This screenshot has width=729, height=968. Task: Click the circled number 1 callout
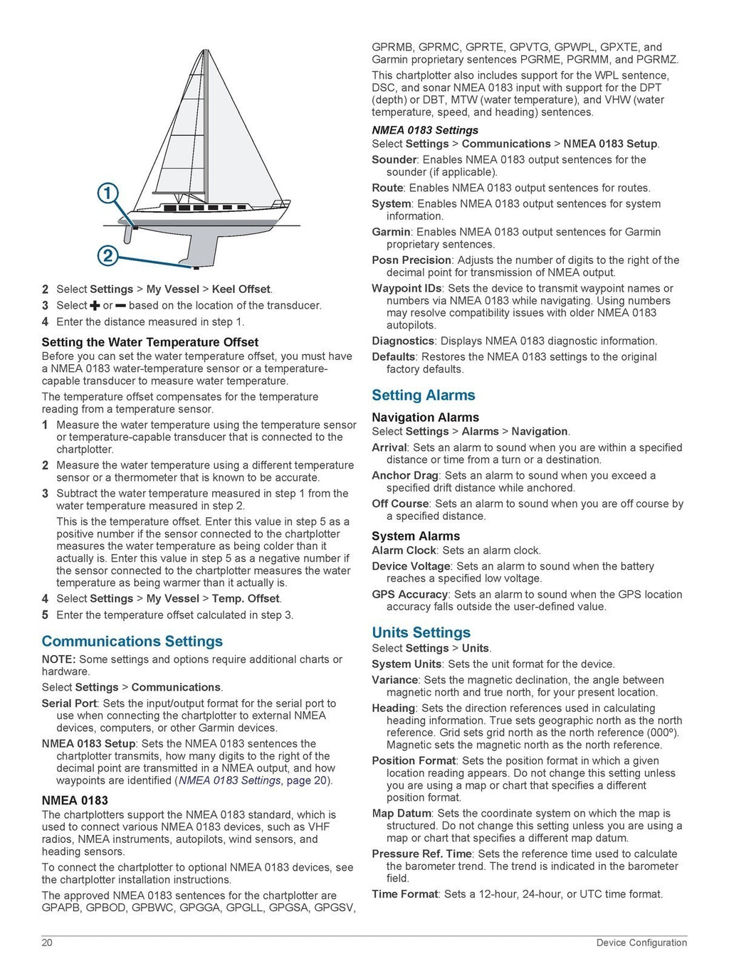point(107,193)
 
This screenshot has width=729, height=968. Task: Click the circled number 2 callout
point(107,255)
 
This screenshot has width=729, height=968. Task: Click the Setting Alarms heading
point(423,395)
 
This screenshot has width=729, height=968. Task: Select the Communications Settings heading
point(132,642)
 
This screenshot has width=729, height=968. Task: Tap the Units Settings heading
point(421,632)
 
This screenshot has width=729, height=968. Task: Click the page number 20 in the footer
point(47,942)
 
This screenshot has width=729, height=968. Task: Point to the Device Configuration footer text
point(641,942)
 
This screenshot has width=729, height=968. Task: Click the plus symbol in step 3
point(95,306)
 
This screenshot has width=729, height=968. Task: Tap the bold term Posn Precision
point(411,260)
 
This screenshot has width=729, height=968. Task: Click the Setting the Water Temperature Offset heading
point(150,342)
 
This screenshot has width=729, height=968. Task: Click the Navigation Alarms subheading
point(425,417)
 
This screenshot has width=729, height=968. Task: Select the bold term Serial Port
point(69,703)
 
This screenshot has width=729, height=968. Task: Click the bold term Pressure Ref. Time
point(421,853)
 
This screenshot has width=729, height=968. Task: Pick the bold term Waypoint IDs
point(407,289)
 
